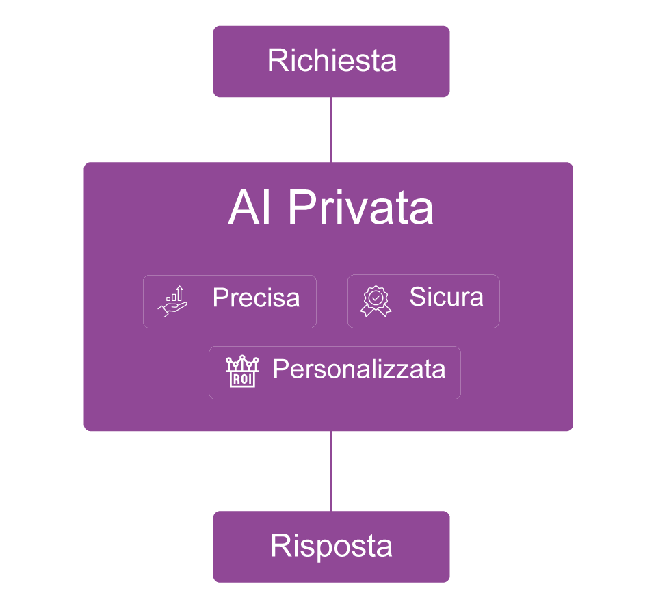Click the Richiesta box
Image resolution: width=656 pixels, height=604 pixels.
[x=331, y=62]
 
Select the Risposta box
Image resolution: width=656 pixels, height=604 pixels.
[x=331, y=547]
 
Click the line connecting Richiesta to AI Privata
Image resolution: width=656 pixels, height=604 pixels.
[x=331, y=130]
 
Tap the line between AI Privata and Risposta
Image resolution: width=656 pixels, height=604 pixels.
[x=331, y=471]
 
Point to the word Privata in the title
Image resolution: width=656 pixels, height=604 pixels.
[x=360, y=208]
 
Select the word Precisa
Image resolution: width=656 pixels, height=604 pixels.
[x=256, y=298]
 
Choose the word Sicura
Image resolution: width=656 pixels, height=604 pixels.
[x=446, y=297]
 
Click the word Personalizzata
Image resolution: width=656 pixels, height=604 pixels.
[x=359, y=369]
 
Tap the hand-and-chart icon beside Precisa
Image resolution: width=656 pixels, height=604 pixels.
[x=172, y=302]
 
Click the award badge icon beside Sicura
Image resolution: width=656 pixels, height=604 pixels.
[x=376, y=302]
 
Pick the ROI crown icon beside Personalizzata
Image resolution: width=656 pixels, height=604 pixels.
[x=242, y=372]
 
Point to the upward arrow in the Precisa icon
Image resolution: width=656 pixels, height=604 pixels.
[x=179, y=292]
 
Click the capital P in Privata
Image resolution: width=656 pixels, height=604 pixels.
[x=299, y=208]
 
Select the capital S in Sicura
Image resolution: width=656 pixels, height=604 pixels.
[x=417, y=297]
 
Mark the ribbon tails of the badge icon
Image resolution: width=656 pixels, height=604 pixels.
[x=376, y=312]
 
